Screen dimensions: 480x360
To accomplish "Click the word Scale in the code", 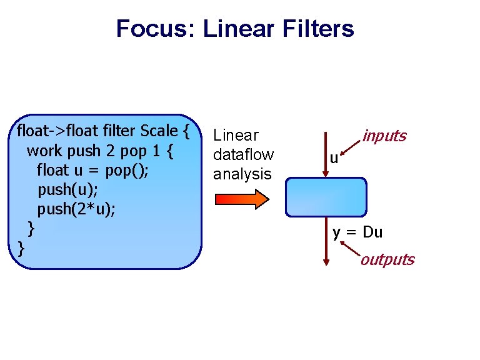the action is (159, 132).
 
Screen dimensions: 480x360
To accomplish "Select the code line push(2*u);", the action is (76, 208).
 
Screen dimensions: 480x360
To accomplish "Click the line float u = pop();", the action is (91, 170).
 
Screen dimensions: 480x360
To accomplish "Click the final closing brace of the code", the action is (21, 247).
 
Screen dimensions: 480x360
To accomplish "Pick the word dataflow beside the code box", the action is (243, 154).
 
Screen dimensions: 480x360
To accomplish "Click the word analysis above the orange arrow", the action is (242, 174).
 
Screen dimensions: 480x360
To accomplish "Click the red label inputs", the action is (384, 136).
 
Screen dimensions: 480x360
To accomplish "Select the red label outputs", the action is (387, 259).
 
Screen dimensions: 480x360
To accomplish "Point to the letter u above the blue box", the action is (334, 159).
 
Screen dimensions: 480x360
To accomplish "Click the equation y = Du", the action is (357, 233).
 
